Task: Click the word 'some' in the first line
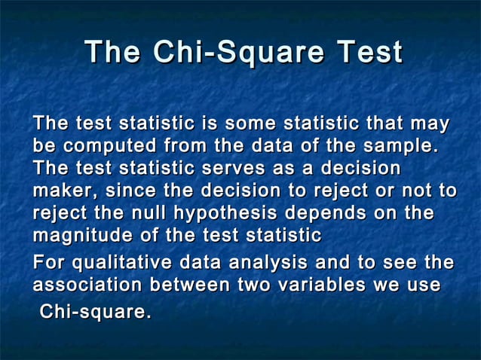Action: tap(250, 123)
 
